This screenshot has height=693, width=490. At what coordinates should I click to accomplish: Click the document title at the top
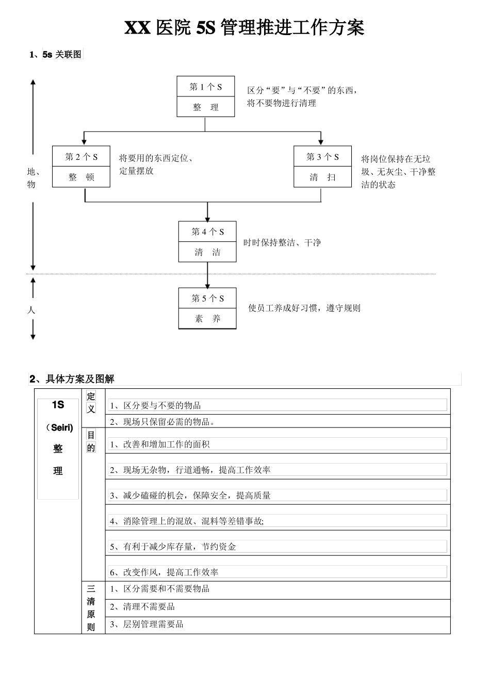pyautogui.click(x=244, y=27)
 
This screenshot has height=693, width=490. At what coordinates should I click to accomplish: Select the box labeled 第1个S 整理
pyautogui.click(x=205, y=96)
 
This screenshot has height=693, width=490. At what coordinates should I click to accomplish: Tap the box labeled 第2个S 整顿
pyautogui.click(x=81, y=167)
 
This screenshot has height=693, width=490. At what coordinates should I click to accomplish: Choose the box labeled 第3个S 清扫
pyautogui.click(x=322, y=167)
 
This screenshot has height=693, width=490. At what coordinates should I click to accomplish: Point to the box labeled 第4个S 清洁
pyautogui.click(x=207, y=241)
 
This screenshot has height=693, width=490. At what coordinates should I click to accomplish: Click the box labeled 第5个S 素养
pyautogui.click(x=207, y=308)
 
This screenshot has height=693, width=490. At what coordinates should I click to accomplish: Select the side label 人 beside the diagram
pyautogui.click(x=32, y=310)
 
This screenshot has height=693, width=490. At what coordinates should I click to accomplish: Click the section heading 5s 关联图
pyautogui.click(x=62, y=55)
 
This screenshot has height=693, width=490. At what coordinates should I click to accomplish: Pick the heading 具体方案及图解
pyautogui.click(x=79, y=379)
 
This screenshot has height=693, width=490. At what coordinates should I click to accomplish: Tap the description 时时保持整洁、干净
pyautogui.click(x=282, y=242)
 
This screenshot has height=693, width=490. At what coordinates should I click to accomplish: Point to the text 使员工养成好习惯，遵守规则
pyautogui.click(x=304, y=308)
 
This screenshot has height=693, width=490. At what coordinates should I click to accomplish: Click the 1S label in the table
pyautogui.click(x=58, y=405)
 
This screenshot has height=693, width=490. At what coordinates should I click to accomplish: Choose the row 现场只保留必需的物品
pyautogui.click(x=162, y=422)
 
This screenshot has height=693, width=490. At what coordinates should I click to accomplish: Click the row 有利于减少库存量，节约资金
pyautogui.click(x=173, y=547)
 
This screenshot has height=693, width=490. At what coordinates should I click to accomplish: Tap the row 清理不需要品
pyautogui.click(x=142, y=607)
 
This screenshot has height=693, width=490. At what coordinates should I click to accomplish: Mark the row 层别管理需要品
pyautogui.click(x=146, y=624)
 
